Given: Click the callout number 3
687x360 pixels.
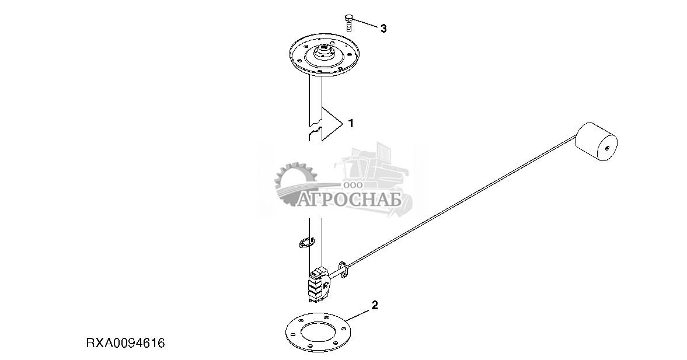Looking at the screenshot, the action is click(383, 29).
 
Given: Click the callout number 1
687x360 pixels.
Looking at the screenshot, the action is click(350, 124).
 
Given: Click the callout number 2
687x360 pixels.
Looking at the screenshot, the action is click(375, 305).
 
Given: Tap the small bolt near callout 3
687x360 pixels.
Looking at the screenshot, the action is click(349, 22).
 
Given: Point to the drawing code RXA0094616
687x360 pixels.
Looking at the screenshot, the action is click(125, 343).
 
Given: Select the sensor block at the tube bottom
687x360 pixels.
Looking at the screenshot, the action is click(320, 284).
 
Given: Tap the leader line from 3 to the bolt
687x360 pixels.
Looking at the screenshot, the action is click(365, 24).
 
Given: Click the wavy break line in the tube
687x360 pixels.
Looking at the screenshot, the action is click(315, 130).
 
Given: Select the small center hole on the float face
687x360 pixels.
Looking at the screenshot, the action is click(607, 148).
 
